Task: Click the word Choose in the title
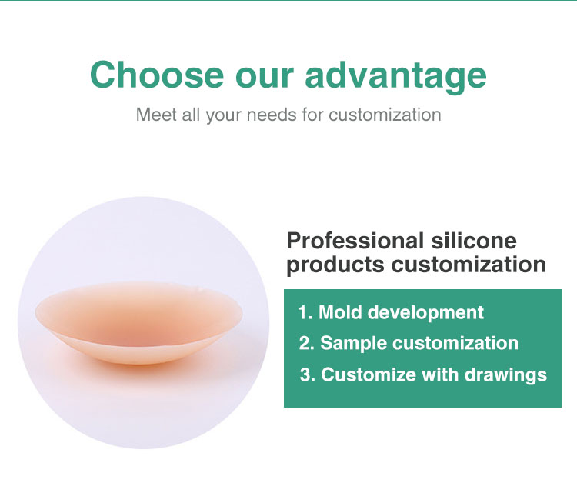pyautogui.click(x=154, y=75)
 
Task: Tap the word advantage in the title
pyautogui.click(x=396, y=75)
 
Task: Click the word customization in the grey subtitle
pyautogui.click(x=385, y=115)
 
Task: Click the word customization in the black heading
pyautogui.click(x=469, y=265)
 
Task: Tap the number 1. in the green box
pyautogui.click(x=305, y=312)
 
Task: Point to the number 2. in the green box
pyautogui.click(x=306, y=343)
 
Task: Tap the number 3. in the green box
pyautogui.click(x=307, y=374)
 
